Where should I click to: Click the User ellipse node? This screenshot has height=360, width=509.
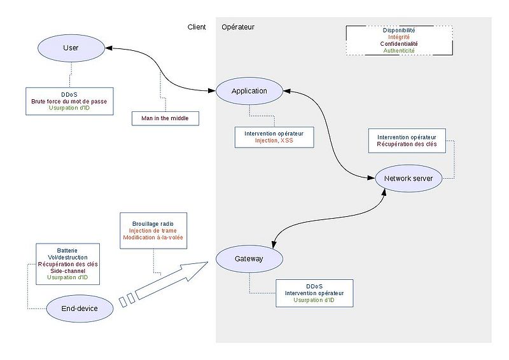click(71, 48)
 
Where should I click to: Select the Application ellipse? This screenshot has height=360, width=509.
click(249, 91)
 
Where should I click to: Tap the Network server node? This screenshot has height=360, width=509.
click(408, 179)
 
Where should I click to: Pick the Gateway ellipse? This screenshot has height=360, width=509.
click(249, 259)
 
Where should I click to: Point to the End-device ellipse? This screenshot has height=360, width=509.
click(80, 308)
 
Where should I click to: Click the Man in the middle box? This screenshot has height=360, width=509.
click(165, 118)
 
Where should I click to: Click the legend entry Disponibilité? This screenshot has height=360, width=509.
click(399, 30)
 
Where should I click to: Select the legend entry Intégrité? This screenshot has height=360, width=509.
click(399, 37)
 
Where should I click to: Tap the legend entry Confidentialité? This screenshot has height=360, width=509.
click(399, 44)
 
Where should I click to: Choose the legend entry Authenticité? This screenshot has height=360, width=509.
click(399, 51)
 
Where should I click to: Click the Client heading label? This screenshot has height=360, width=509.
click(197, 27)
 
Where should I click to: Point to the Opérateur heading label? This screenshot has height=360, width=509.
click(238, 27)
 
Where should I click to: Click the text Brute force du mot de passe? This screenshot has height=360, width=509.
click(70, 101)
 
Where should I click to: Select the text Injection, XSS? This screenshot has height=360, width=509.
click(274, 141)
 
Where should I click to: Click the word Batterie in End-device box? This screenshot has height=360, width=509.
click(67, 250)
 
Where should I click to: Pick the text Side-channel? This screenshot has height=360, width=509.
click(67, 270)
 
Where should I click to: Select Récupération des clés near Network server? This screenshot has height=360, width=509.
click(407, 144)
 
